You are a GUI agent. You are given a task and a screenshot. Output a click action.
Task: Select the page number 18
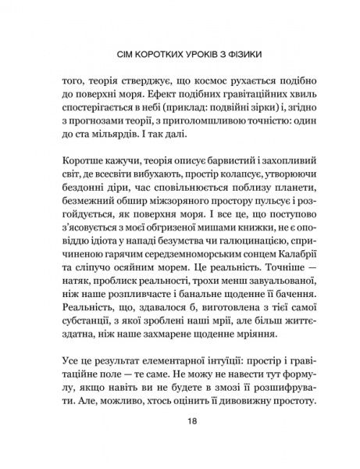pyautogui.click(x=180, y=442)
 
